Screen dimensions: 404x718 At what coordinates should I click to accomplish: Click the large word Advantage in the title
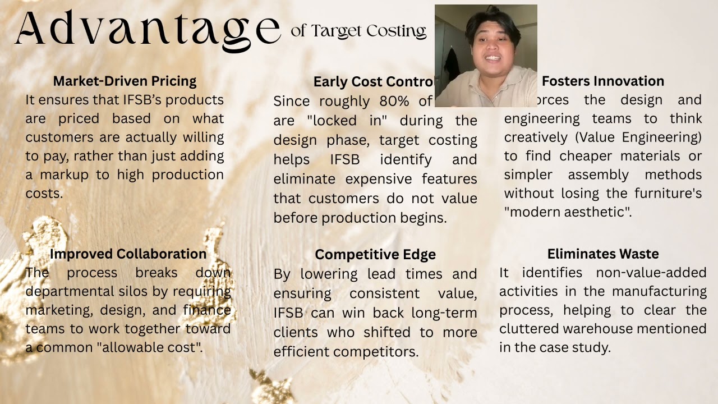[x=147, y=28]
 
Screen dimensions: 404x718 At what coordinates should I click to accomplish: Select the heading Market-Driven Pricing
[x=125, y=81]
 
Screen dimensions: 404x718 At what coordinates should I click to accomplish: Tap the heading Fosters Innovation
[x=603, y=81]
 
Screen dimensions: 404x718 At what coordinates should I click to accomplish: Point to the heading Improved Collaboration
[x=128, y=254]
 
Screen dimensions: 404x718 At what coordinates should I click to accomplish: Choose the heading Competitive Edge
[x=375, y=254]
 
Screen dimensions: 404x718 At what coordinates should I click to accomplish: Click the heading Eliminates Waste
[x=603, y=254]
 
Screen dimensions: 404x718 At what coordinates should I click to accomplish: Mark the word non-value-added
[x=643, y=273]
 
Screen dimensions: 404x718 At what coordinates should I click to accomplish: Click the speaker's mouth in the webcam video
[x=493, y=58]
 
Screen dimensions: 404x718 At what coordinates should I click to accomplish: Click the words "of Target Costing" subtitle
[x=358, y=31]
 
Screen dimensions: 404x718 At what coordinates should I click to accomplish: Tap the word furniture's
[x=668, y=193]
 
